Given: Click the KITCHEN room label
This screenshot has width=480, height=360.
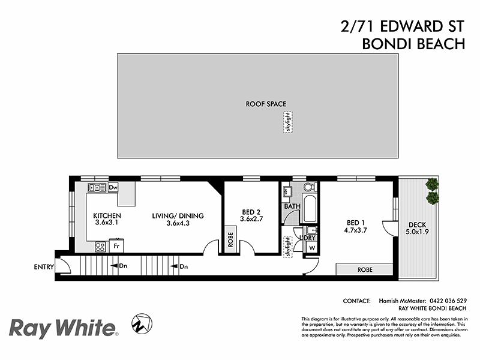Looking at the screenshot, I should click(107, 216).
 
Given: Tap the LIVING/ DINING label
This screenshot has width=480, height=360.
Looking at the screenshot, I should click(178, 216).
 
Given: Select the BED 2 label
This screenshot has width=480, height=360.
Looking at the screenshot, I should click(251, 212).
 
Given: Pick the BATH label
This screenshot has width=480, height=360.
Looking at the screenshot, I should click(292, 206).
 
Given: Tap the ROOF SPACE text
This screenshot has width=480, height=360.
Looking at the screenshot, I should click(266, 104).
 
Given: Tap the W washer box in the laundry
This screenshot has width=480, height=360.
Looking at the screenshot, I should click(312, 248).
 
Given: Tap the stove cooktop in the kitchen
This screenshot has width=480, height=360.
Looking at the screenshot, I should click(100, 245).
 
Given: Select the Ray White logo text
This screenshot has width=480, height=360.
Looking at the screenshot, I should click(62, 328).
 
